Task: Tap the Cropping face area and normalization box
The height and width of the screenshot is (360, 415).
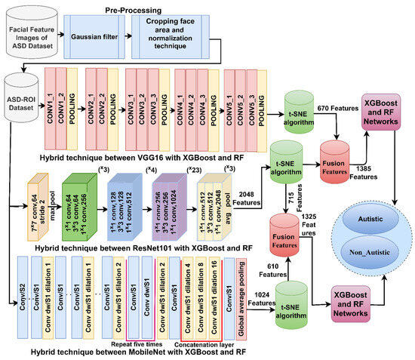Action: pos(171,35)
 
